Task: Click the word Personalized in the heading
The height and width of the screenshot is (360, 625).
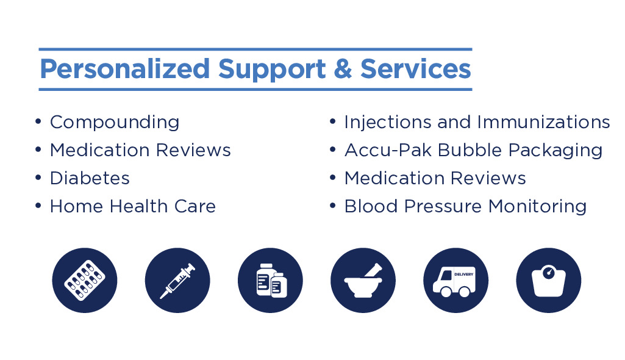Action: point(125,70)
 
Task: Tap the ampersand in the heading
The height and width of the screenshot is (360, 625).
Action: point(343,68)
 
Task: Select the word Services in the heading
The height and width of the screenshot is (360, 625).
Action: point(416,68)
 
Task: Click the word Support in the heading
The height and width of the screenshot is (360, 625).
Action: point(272,70)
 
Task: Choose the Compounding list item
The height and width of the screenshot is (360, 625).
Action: point(115,123)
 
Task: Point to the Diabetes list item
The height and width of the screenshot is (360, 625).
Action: point(90,178)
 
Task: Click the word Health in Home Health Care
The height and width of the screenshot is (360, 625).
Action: point(138,206)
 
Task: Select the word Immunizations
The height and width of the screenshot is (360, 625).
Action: point(543,121)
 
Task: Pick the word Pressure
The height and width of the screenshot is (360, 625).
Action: point(443,206)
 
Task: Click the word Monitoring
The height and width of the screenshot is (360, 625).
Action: point(537,207)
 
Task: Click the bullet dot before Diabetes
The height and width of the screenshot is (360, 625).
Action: point(38,178)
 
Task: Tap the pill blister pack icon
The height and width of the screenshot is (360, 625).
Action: point(85,280)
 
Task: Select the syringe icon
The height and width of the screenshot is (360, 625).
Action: point(177,280)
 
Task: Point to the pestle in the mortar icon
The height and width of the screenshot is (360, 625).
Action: point(374,270)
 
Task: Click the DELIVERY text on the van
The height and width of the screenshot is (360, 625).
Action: point(463,275)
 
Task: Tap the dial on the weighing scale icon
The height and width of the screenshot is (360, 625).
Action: point(548,273)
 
